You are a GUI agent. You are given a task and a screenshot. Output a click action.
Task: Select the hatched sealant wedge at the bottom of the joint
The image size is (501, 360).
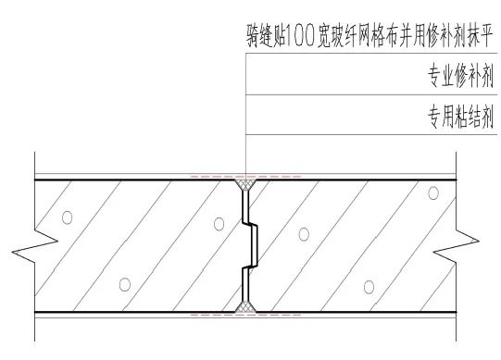point(247,304)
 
